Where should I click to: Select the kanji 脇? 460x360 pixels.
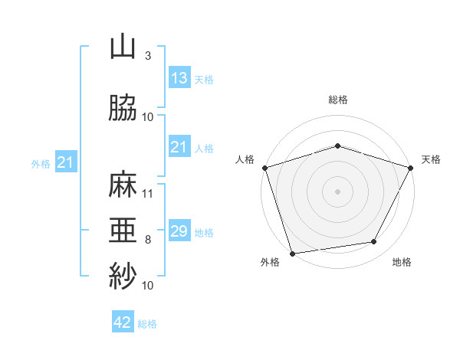pos(123,107)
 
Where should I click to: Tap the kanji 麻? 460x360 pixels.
pos(123,184)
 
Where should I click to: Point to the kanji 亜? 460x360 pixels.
pos(123,230)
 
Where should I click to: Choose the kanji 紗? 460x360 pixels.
pos(123,276)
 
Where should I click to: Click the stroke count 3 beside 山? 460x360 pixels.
pos(148,56)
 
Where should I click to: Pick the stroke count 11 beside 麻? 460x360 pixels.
pos(147,194)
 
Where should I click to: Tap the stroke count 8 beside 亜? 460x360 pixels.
pos(148,240)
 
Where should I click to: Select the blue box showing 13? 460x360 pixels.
pos(179,77)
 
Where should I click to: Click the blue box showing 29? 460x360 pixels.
pos(179,230)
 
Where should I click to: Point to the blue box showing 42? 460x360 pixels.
pos(123,321)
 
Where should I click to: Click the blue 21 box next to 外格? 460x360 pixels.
pos(66,162)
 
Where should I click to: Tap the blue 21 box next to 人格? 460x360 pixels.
pos(179,146)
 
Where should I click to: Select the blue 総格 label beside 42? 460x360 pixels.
pos(147,324)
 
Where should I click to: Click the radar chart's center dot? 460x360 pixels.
pos(337,191)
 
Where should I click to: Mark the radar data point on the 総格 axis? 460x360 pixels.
pos(337,146)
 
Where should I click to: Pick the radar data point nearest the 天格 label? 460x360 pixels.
pos(411,168)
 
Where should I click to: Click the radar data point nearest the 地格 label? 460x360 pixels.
pos(374,241)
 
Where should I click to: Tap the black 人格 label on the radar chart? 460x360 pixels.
pos(245,159)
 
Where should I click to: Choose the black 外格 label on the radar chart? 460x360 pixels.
pos(270,262)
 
